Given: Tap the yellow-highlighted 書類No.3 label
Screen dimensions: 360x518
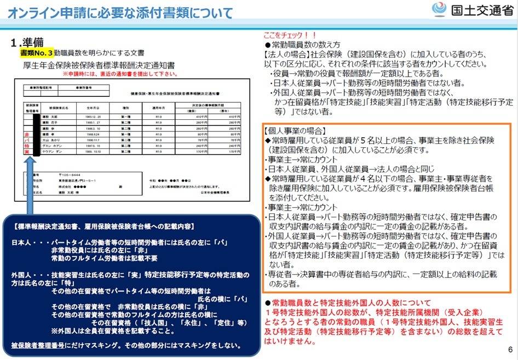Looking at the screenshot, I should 36,53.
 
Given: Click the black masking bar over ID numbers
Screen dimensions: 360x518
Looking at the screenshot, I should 37,134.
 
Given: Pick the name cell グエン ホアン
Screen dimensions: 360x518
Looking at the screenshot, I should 57,146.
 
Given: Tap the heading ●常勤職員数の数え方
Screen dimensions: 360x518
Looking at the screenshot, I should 302,44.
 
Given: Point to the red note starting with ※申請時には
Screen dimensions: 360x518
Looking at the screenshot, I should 119,74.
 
